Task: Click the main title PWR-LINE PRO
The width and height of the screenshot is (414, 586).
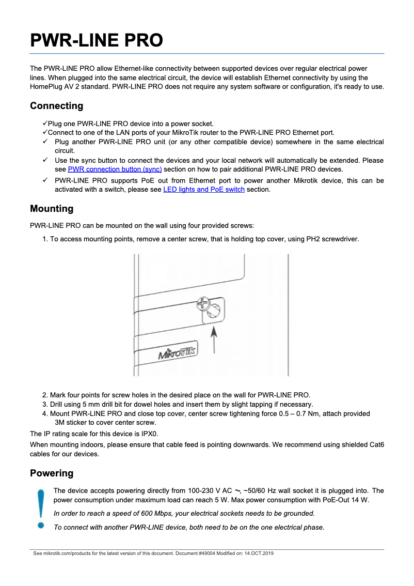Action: pyautogui.click(x=97, y=40)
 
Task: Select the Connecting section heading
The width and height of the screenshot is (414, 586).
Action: pyautogui.click(x=56, y=106)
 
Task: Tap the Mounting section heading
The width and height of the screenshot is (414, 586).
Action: pyautogui.click(x=52, y=209)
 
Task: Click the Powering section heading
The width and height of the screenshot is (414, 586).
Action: pyautogui.click(x=52, y=473)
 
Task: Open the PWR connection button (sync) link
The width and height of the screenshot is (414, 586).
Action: pyautogui.click(x=115, y=169)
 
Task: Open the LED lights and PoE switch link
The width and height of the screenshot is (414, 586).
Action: pyautogui.click(x=204, y=190)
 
